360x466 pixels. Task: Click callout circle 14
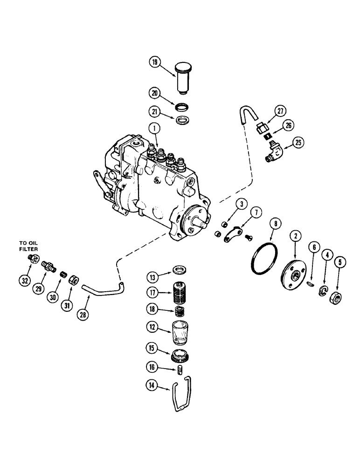(152, 385)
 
